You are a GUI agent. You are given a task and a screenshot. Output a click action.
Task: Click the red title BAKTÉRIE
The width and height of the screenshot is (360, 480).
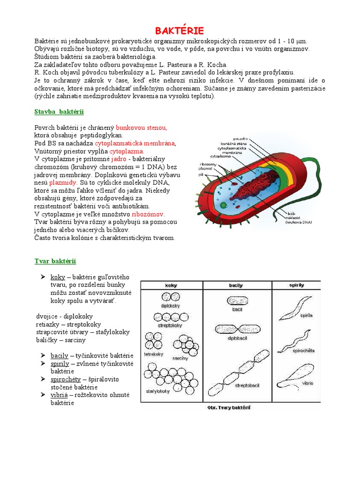tap(180, 31)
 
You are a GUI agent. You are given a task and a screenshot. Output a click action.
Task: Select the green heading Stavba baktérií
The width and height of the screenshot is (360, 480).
tap(59, 112)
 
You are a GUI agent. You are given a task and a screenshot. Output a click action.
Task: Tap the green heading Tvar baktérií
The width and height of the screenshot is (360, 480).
tap(55, 261)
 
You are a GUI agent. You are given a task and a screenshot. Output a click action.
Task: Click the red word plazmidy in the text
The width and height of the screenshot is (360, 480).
tap(63, 182)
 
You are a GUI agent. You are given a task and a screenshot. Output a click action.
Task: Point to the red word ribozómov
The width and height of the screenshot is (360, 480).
tap(148, 214)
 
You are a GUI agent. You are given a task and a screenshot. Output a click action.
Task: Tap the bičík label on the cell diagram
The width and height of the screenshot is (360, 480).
tap(290, 212)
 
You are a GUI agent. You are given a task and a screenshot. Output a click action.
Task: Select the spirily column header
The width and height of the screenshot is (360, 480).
tap(296, 285)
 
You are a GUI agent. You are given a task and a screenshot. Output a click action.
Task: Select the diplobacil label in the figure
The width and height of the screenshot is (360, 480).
tap(237, 338)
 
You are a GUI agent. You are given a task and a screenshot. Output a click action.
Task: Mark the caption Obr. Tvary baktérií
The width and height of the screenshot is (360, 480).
tap(229, 407)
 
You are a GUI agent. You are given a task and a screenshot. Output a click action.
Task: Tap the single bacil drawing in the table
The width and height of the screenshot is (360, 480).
tap(237, 300)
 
